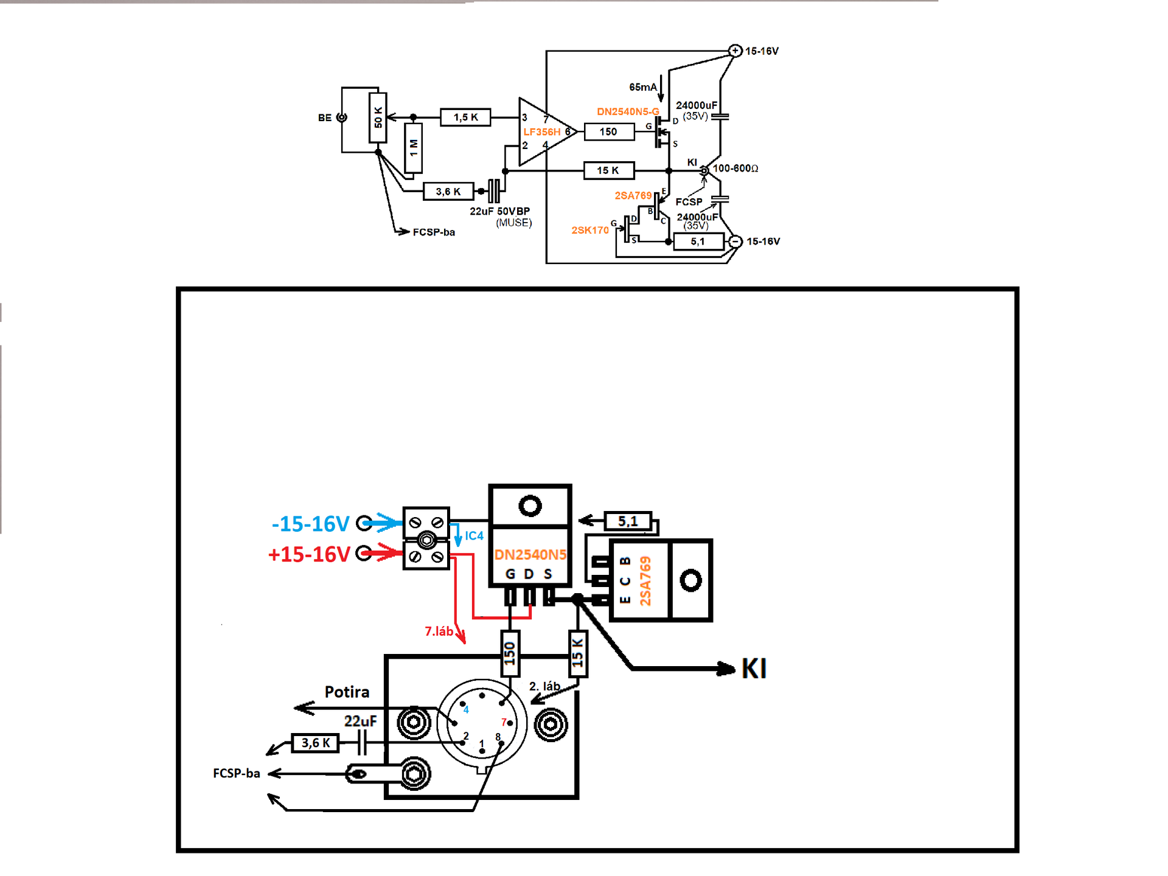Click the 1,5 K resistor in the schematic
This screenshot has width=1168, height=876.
click(465, 117)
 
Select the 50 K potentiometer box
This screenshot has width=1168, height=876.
click(378, 117)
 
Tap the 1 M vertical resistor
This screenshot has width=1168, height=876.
click(414, 148)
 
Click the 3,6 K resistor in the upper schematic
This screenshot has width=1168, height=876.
click(448, 192)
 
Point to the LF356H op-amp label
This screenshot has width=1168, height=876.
click(541, 132)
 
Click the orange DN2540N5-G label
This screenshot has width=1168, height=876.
click(628, 111)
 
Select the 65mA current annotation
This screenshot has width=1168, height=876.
click(643, 87)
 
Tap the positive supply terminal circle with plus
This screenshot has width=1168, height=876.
click(735, 50)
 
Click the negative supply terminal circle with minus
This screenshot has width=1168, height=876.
click(735, 242)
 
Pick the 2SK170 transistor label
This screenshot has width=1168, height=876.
click(590, 230)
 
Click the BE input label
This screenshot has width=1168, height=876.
click(325, 118)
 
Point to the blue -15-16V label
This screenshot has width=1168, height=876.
click(310, 523)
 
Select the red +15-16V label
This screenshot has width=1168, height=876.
click(309, 554)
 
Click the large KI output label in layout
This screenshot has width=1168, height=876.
click(754, 669)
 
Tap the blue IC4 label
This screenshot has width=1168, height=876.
click(474, 536)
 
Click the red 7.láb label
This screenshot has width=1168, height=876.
click(439, 631)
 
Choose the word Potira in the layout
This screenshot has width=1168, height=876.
click(347, 692)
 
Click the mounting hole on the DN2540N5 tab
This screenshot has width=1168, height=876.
click(530, 506)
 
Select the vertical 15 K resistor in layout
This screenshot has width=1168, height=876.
click(577, 654)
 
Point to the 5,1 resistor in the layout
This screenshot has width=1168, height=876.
click(628, 521)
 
